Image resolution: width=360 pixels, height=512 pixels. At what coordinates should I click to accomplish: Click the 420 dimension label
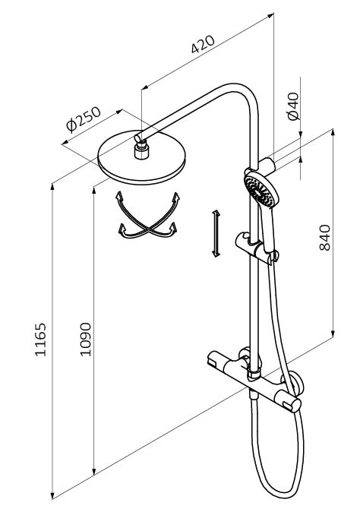pos(203,44)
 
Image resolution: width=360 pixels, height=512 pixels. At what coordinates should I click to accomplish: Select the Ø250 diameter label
pos(84,119)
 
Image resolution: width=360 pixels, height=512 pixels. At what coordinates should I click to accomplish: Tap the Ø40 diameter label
pos(292,106)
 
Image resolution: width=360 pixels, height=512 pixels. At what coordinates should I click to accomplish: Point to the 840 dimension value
pos(324,237)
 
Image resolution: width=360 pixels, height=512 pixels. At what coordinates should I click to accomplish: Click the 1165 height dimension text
pos(41,340)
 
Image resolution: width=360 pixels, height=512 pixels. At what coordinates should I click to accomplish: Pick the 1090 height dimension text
pos(86,340)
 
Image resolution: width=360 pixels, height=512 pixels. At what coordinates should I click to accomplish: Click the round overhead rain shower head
pos(142,158)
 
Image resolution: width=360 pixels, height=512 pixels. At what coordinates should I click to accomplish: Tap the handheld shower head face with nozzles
pos(260,190)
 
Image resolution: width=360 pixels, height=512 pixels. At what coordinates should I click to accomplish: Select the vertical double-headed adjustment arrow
pos(216,234)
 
